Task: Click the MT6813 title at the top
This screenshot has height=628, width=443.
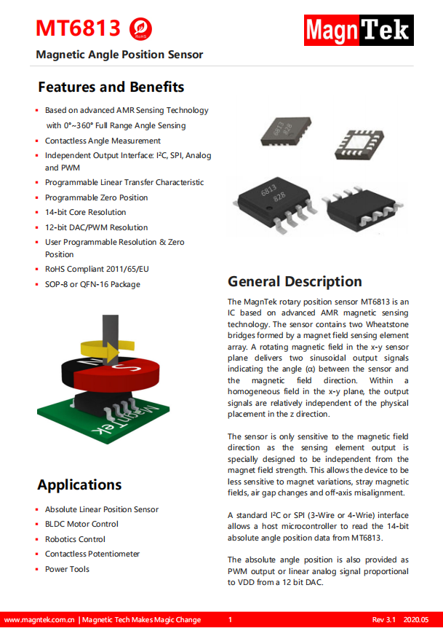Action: [78, 28]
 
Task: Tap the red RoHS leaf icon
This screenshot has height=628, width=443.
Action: [141, 29]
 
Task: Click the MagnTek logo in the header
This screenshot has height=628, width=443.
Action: [358, 31]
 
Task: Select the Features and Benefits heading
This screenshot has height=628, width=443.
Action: [111, 87]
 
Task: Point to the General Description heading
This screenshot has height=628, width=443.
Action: [295, 281]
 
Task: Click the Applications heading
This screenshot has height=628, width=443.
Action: [79, 484]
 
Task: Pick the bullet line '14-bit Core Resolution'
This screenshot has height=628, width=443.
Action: [85, 212]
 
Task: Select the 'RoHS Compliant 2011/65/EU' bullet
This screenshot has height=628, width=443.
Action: [97, 269]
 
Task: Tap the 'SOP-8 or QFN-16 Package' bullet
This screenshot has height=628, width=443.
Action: [92, 284]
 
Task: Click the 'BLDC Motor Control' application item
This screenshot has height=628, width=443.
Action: [81, 524]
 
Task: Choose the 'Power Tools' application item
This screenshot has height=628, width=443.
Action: [67, 569]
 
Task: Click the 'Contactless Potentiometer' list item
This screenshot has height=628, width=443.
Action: [92, 554]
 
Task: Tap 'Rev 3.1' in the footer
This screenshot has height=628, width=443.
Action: [383, 619]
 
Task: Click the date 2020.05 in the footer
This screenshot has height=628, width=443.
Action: [417, 619]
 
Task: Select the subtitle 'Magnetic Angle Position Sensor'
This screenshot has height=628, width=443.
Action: [119, 55]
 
